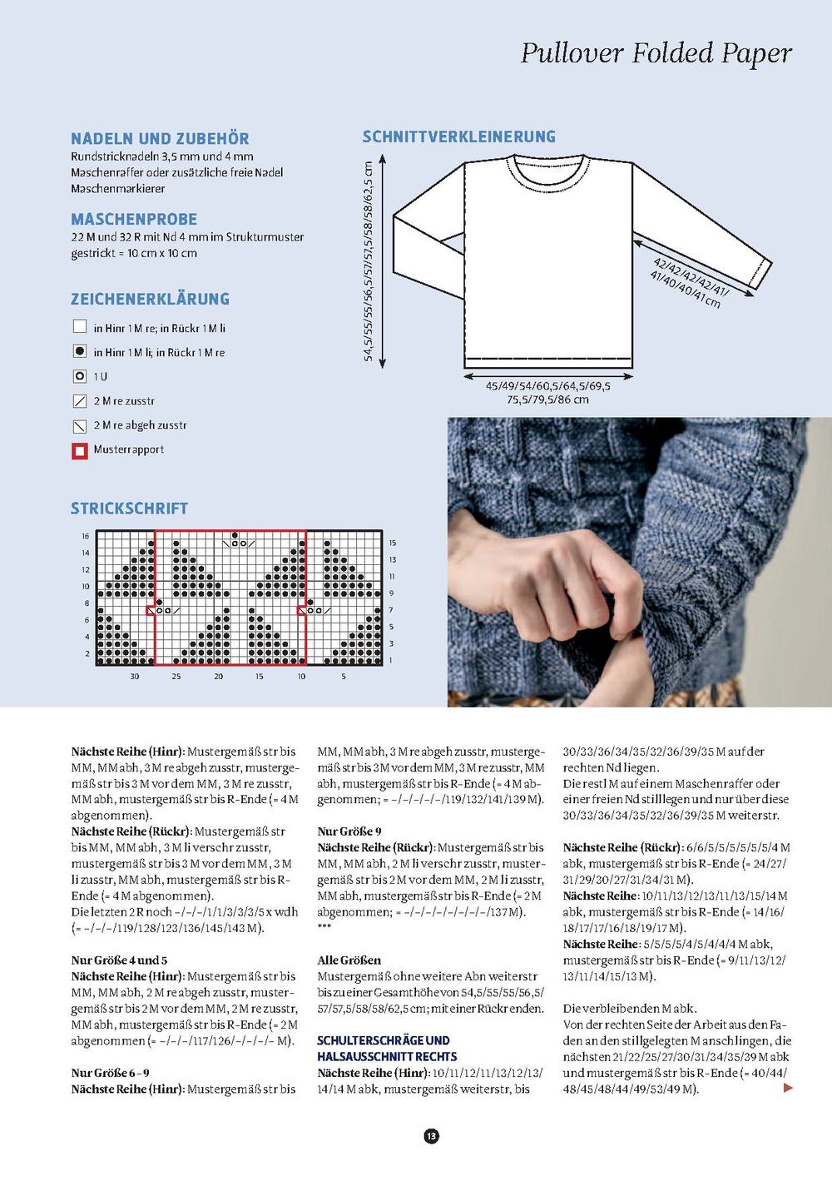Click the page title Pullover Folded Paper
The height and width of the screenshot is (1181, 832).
[656, 53]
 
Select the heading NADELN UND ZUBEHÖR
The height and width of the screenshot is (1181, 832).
[160, 139]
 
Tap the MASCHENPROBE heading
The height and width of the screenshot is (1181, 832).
[134, 220]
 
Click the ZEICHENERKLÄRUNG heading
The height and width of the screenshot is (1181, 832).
[150, 299]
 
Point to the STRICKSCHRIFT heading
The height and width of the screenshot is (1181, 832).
[129, 509]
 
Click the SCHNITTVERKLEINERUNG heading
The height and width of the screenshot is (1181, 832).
[458, 136]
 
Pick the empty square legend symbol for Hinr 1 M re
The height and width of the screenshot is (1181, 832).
[80, 327]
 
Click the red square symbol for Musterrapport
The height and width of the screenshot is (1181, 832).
[80, 450]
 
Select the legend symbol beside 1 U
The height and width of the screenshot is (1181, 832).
[80, 376]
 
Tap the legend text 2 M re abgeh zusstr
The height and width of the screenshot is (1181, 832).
[140, 425]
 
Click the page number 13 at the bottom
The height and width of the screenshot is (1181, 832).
[431, 1136]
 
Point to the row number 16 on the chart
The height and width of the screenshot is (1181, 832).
[86, 536]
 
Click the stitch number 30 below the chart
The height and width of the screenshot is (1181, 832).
[135, 677]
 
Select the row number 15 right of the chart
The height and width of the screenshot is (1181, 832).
[393, 543]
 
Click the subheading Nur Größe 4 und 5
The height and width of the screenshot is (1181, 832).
[119, 960]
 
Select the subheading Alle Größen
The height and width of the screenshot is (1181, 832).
[349, 960]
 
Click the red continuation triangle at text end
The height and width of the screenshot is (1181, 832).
[789, 1088]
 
